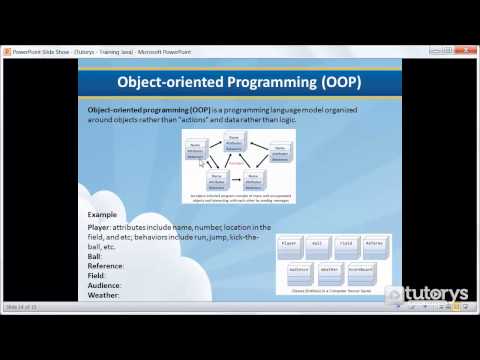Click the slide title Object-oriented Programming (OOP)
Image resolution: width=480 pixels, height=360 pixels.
pyautogui.click(x=240, y=81)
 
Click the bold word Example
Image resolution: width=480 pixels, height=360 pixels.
pyautogui.click(x=103, y=215)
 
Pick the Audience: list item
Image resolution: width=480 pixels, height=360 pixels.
pyautogui.click(x=105, y=286)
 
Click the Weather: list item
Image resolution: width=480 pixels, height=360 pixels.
pyautogui.click(x=104, y=295)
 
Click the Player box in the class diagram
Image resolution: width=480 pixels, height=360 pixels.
pyautogui.click(x=290, y=243)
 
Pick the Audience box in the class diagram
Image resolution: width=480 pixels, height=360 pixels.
pyautogui.click(x=299, y=269)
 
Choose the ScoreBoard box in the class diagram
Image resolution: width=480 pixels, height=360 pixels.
pyautogui.click(x=362, y=269)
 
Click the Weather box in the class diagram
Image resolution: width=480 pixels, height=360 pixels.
pyautogui.click(x=331, y=269)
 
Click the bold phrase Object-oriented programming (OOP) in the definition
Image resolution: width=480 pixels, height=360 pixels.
pyautogui.click(x=147, y=107)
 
